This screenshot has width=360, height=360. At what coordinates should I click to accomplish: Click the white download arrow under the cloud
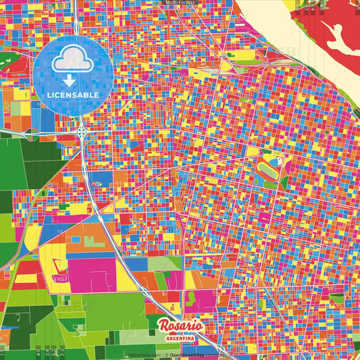point(70,80)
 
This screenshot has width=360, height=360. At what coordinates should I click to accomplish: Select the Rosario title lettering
point(181,326)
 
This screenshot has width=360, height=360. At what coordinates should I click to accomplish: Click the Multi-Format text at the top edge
point(180,3)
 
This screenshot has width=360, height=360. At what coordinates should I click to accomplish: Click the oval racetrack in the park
point(267,168)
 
